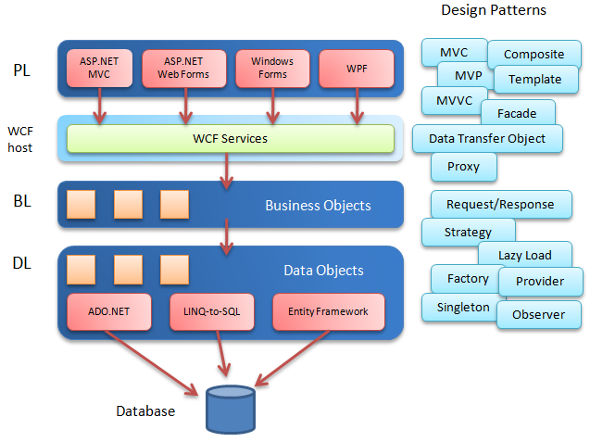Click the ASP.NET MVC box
pyautogui.click(x=100, y=68)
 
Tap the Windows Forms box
pyautogui.click(x=272, y=68)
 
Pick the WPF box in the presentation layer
pyautogui.click(x=356, y=68)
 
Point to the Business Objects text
pyautogui.click(x=318, y=205)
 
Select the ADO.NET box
pyautogui.click(x=108, y=311)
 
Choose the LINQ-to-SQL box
pyautogui.click(x=212, y=311)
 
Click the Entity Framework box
pyautogui.click(x=328, y=311)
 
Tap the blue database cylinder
pyautogui.click(x=230, y=410)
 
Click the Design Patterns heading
pyautogui.click(x=493, y=11)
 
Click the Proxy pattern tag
pyautogui.click(x=463, y=167)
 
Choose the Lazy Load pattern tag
pyautogui.click(x=524, y=255)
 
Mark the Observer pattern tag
pyautogui.click(x=538, y=314)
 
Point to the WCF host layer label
pyautogui.click(x=20, y=139)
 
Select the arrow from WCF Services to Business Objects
pyautogui.click(x=225, y=169)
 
